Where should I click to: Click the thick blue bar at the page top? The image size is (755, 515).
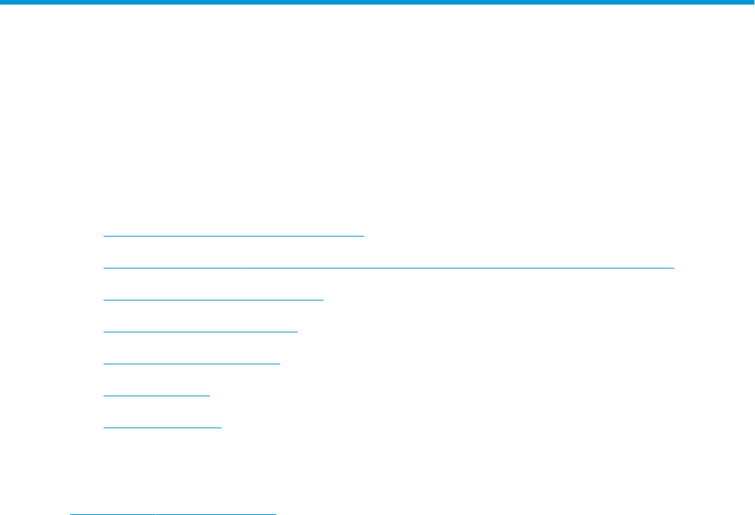(x=377, y=3)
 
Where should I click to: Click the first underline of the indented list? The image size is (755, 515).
(x=234, y=236)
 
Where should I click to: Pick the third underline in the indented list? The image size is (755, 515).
(x=213, y=300)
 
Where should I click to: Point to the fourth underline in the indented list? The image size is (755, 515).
(x=199, y=332)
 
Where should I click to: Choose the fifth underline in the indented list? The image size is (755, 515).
(x=191, y=364)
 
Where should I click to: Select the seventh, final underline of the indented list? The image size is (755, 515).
(x=161, y=428)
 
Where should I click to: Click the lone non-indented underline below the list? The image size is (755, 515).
(x=173, y=514)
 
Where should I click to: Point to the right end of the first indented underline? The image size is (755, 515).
(x=365, y=236)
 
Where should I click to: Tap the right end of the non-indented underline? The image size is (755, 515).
(x=276, y=514)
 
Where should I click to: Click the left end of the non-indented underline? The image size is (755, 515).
(x=71, y=514)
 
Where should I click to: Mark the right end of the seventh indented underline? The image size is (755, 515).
(x=220, y=428)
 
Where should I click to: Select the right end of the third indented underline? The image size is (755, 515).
(x=323, y=300)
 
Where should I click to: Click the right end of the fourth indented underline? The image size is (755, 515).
(x=297, y=332)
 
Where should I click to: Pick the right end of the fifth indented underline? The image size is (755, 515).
(x=280, y=364)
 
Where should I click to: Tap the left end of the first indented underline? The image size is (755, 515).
(x=104, y=236)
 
